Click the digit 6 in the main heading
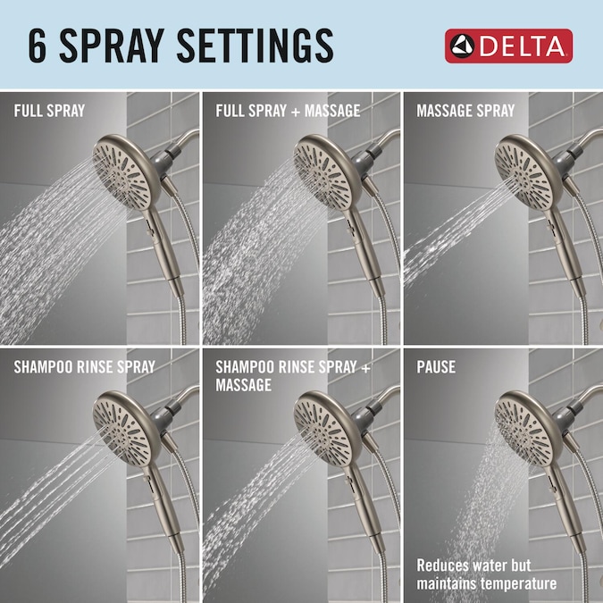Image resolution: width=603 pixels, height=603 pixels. click(38, 46)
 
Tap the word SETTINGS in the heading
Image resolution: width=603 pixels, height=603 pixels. click(255, 46)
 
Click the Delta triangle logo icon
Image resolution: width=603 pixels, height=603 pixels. click(462, 46)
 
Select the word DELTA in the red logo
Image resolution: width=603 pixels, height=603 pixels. click(523, 46)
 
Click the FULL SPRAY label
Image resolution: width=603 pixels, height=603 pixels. click(49, 111)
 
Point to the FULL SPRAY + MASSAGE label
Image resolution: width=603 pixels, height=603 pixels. click(288, 111)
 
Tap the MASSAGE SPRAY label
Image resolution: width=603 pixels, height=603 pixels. click(465, 111)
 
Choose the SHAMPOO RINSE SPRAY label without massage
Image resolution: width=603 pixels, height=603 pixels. click(85, 367)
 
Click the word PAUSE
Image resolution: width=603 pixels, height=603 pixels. click(436, 367)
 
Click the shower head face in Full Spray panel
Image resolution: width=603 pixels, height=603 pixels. click(121, 174)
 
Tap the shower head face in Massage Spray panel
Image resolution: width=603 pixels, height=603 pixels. click(523, 174)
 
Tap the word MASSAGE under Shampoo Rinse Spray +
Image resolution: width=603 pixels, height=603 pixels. click(243, 385)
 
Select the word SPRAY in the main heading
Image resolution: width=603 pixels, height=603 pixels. click(112, 46)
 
